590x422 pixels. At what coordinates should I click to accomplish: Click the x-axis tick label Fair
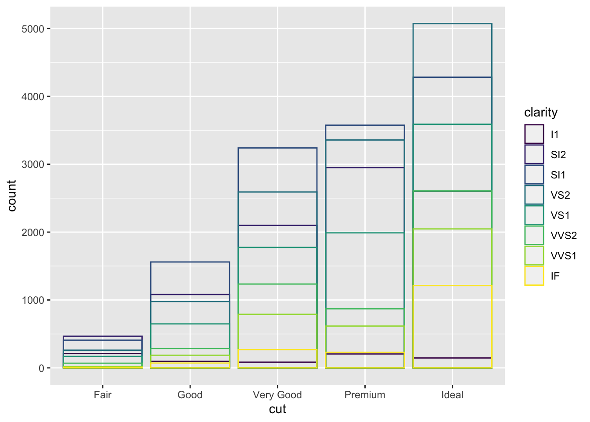tap(102, 395)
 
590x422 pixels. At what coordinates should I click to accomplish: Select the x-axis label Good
tap(190, 395)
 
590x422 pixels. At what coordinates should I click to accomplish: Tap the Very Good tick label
tap(277, 395)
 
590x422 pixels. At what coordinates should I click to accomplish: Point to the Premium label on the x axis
tap(365, 395)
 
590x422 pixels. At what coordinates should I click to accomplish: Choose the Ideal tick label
tap(452, 395)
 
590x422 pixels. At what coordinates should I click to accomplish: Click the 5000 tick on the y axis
tap(32, 29)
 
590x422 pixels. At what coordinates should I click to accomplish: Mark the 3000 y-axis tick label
tap(32, 164)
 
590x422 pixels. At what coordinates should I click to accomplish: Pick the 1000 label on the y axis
tap(32, 300)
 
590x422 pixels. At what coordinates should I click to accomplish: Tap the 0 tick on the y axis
tap(41, 368)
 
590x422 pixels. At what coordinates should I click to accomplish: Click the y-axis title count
tap(12, 196)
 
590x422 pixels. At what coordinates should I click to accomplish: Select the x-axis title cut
tap(277, 409)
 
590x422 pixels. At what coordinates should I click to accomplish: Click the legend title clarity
tap(541, 113)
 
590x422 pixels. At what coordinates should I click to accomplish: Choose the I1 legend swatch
tap(534, 134)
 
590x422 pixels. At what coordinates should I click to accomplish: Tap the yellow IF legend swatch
tap(534, 276)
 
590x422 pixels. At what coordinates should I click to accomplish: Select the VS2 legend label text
tap(560, 195)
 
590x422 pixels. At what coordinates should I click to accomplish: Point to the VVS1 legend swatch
tap(534, 256)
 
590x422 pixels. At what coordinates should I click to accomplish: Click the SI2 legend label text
tap(558, 155)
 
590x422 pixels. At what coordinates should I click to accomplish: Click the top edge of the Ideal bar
tap(452, 24)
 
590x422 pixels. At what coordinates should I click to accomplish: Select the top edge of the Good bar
tap(190, 262)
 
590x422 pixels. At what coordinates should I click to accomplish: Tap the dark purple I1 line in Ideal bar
tap(452, 358)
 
